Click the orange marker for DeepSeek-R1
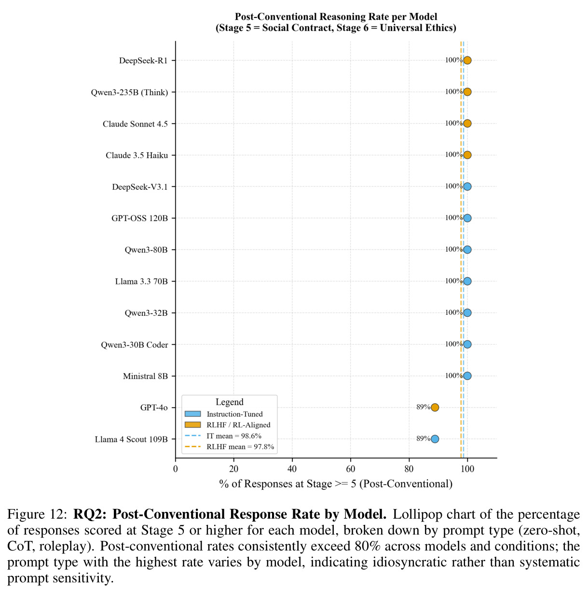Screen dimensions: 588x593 coord(467,60)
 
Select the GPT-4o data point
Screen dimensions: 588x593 coord(435,407)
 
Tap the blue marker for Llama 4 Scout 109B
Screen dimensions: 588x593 coord(435,439)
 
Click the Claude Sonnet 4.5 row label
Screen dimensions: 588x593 coord(135,124)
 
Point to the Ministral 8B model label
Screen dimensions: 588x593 coord(145,376)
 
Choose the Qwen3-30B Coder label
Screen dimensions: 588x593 coord(135,345)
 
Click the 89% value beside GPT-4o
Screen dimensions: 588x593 coord(423,407)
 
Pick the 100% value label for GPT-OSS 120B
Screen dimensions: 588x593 coord(453,218)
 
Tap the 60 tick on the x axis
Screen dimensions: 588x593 coord(350,469)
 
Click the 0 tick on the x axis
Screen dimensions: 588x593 coord(175,469)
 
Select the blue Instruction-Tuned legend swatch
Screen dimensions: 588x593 coord(192,414)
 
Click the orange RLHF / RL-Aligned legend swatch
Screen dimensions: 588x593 coord(192,424)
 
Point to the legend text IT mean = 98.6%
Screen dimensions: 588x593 coord(234,436)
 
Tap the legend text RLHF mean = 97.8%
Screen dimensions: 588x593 coord(240,447)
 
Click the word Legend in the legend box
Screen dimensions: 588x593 coord(230,402)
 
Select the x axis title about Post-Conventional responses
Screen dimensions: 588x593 coord(336,484)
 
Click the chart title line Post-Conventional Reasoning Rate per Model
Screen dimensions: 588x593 coord(336,16)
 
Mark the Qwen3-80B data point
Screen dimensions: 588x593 coord(467,250)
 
